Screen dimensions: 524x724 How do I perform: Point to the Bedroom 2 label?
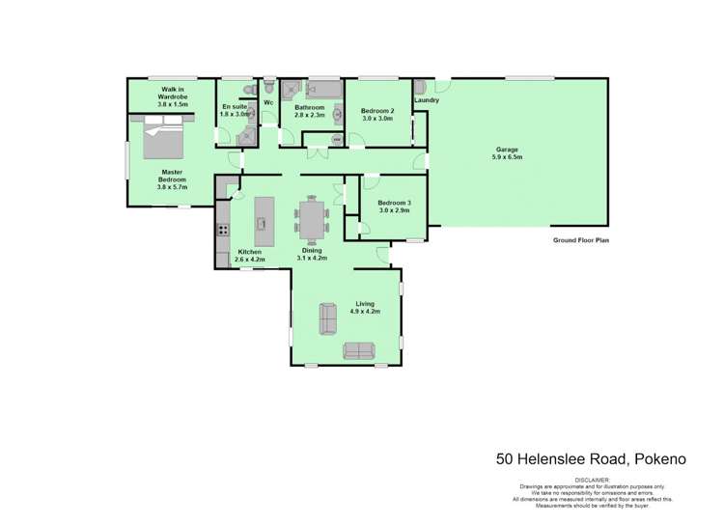377,111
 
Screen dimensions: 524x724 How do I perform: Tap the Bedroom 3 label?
394,203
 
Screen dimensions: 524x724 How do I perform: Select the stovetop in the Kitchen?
223,230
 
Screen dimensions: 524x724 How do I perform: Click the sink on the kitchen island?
260,224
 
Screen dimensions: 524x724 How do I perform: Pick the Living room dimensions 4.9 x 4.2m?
364,312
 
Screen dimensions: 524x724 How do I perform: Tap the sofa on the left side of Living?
326,317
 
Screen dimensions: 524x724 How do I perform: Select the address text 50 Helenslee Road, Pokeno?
591,460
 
